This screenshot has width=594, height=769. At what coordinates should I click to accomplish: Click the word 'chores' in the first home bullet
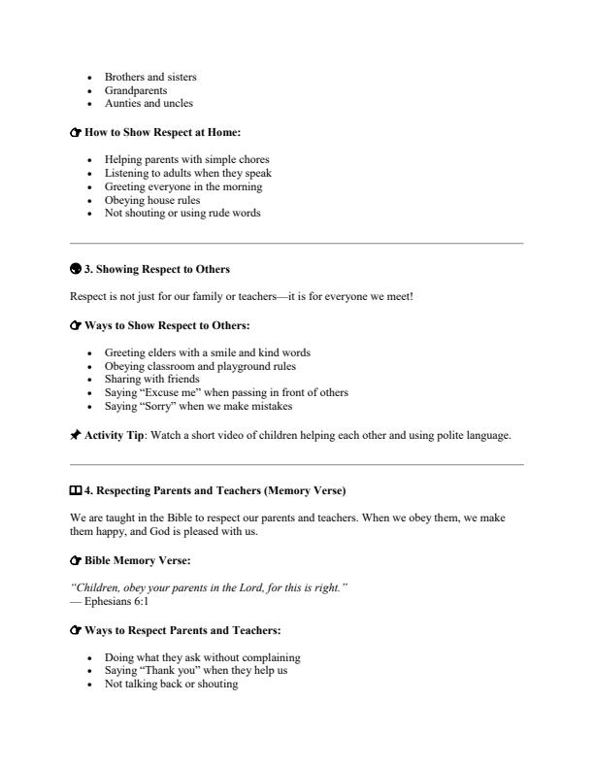coord(252,159)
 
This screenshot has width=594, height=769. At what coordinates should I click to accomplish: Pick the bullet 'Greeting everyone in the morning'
coord(182,186)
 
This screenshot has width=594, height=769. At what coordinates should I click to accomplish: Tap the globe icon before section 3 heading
coord(76,269)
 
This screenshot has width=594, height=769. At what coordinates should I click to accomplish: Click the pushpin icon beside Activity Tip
coord(76,436)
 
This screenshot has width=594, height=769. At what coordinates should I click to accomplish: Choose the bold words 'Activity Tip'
coord(115,436)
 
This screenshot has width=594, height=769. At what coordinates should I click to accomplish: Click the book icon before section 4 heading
coord(77,490)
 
